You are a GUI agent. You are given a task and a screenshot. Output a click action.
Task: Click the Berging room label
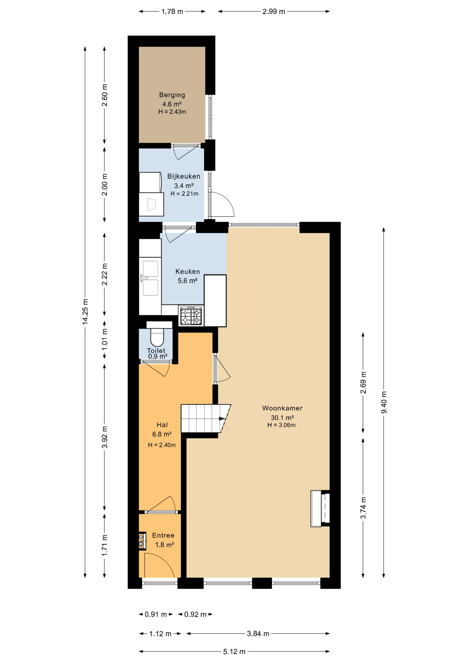coord(172,95)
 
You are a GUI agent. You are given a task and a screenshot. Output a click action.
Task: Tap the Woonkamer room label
coord(282,408)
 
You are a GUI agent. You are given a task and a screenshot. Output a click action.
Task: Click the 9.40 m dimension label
coord(384,402)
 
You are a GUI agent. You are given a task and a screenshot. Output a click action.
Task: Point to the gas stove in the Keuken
coord(191,316)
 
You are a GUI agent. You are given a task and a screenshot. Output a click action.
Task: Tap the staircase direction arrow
coord(222,419)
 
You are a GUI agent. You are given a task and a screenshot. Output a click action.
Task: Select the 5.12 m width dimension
coord(234,651)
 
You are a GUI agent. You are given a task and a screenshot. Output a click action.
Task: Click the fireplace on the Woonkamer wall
coord(320,508)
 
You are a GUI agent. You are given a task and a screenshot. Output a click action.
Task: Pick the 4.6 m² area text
coord(172,104)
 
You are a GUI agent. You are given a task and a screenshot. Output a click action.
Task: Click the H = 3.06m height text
coord(281,425)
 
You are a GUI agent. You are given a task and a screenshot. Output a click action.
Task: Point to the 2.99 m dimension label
coord(274,11)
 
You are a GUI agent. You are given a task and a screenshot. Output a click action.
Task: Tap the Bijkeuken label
coord(184,176)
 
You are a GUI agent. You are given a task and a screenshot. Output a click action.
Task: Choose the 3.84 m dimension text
coord(258,633)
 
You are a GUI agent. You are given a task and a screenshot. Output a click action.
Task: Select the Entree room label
coord(163,535)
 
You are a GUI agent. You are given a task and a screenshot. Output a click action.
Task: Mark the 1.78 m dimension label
coord(172,11)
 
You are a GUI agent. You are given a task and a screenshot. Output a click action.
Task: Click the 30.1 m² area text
coord(282,417)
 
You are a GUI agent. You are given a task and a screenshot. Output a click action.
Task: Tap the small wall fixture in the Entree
coord(141,541)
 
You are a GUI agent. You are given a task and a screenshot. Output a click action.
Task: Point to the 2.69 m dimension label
coord(363,382)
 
